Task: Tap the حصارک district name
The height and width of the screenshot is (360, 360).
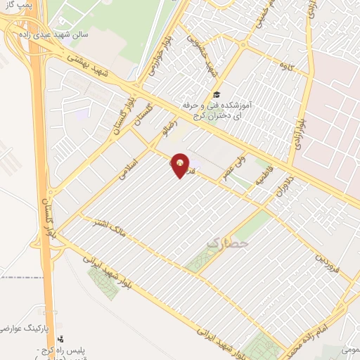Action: [x=228, y=243]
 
